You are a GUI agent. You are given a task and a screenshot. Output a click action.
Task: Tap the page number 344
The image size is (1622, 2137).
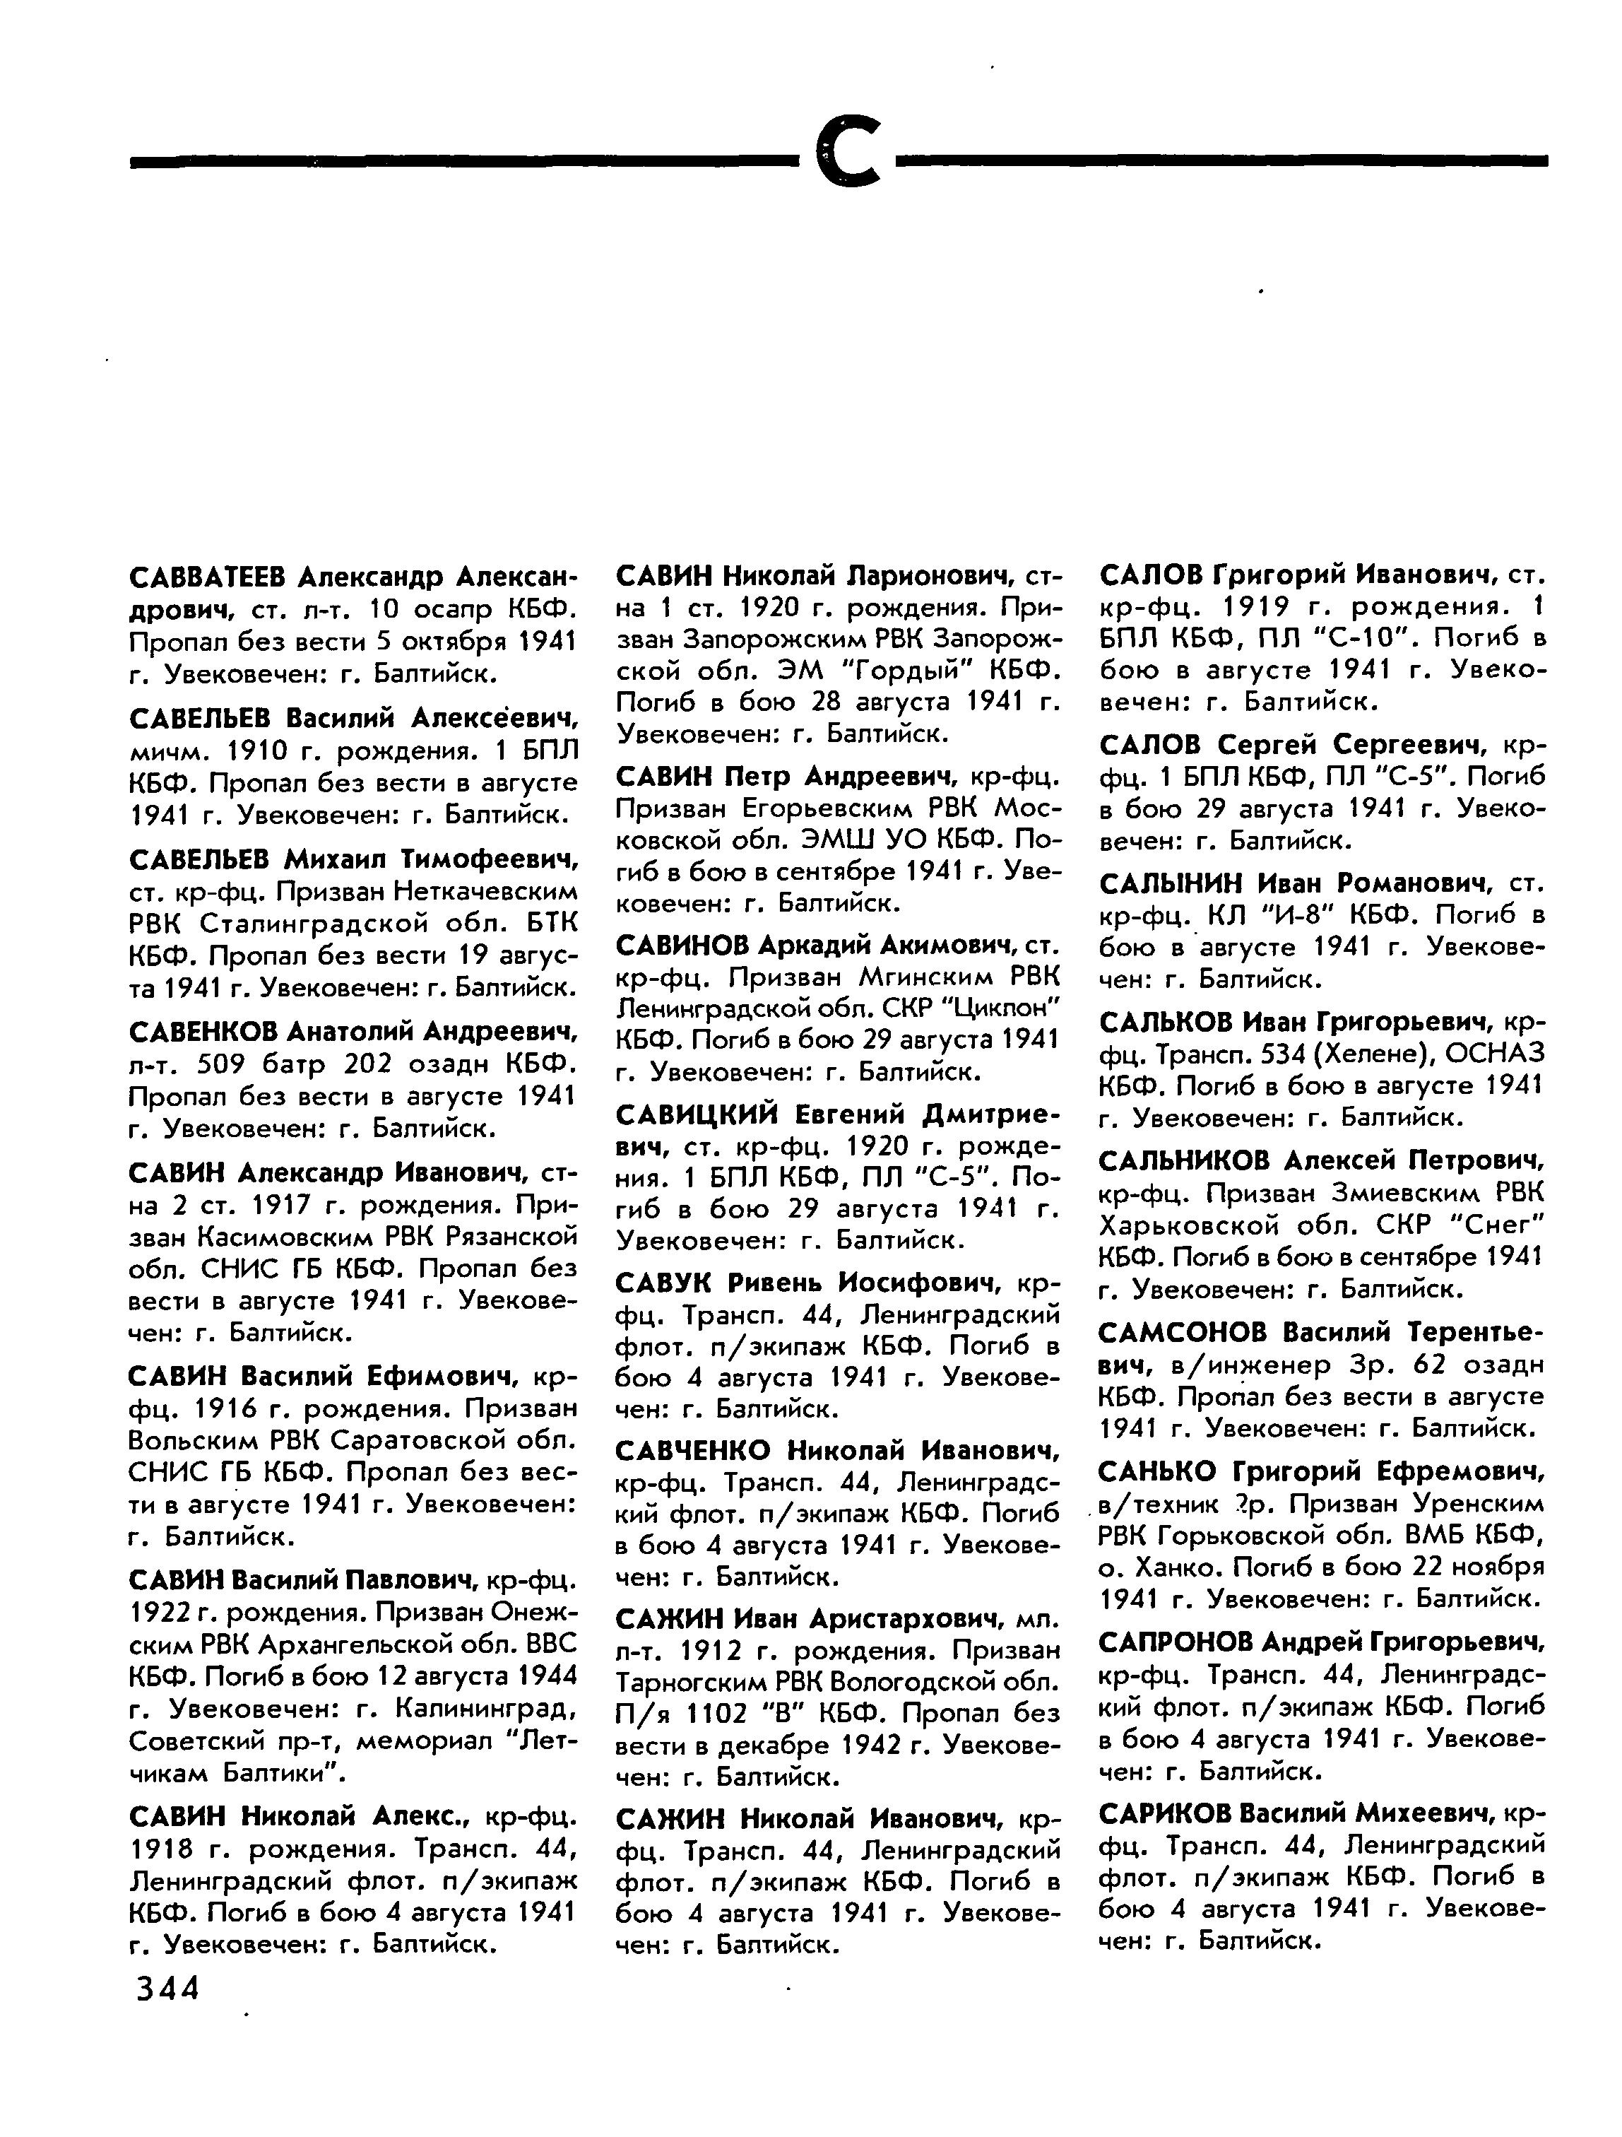point(167,1987)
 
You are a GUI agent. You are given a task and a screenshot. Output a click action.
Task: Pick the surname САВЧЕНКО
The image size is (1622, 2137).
point(694,1450)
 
